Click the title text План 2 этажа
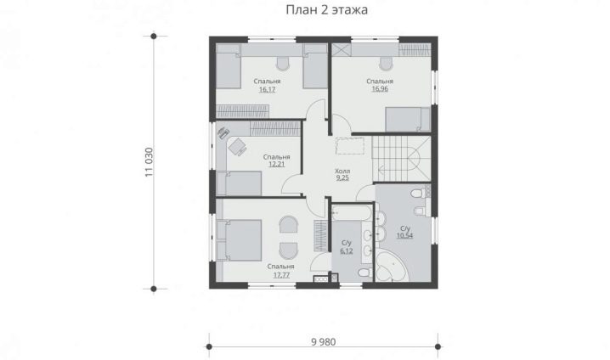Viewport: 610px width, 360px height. coord(327,9)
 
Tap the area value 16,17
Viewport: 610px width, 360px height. coord(267,90)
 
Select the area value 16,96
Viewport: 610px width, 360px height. coord(380,89)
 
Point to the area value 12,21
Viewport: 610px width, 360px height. coord(276,165)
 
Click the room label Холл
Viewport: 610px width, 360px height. coord(342,171)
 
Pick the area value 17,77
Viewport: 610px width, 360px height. coord(281,275)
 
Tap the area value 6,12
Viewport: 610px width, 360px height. coord(347,251)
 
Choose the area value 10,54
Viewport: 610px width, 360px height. coord(404,235)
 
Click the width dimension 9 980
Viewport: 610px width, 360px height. coord(324,342)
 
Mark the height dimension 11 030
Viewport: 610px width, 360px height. coord(150,162)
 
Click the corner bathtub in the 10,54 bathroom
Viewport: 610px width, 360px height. coord(392,267)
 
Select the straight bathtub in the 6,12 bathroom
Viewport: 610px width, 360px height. coord(352,212)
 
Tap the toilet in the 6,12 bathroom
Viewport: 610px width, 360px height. coord(365,273)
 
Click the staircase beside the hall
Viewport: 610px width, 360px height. coord(402,158)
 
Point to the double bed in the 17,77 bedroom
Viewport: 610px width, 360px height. coord(239,240)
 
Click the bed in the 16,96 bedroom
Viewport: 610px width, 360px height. coord(408,120)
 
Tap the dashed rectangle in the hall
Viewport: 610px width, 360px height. coord(350,146)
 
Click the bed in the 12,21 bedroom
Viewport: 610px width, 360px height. coord(239,183)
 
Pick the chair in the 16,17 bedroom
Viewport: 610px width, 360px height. coord(283,64)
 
